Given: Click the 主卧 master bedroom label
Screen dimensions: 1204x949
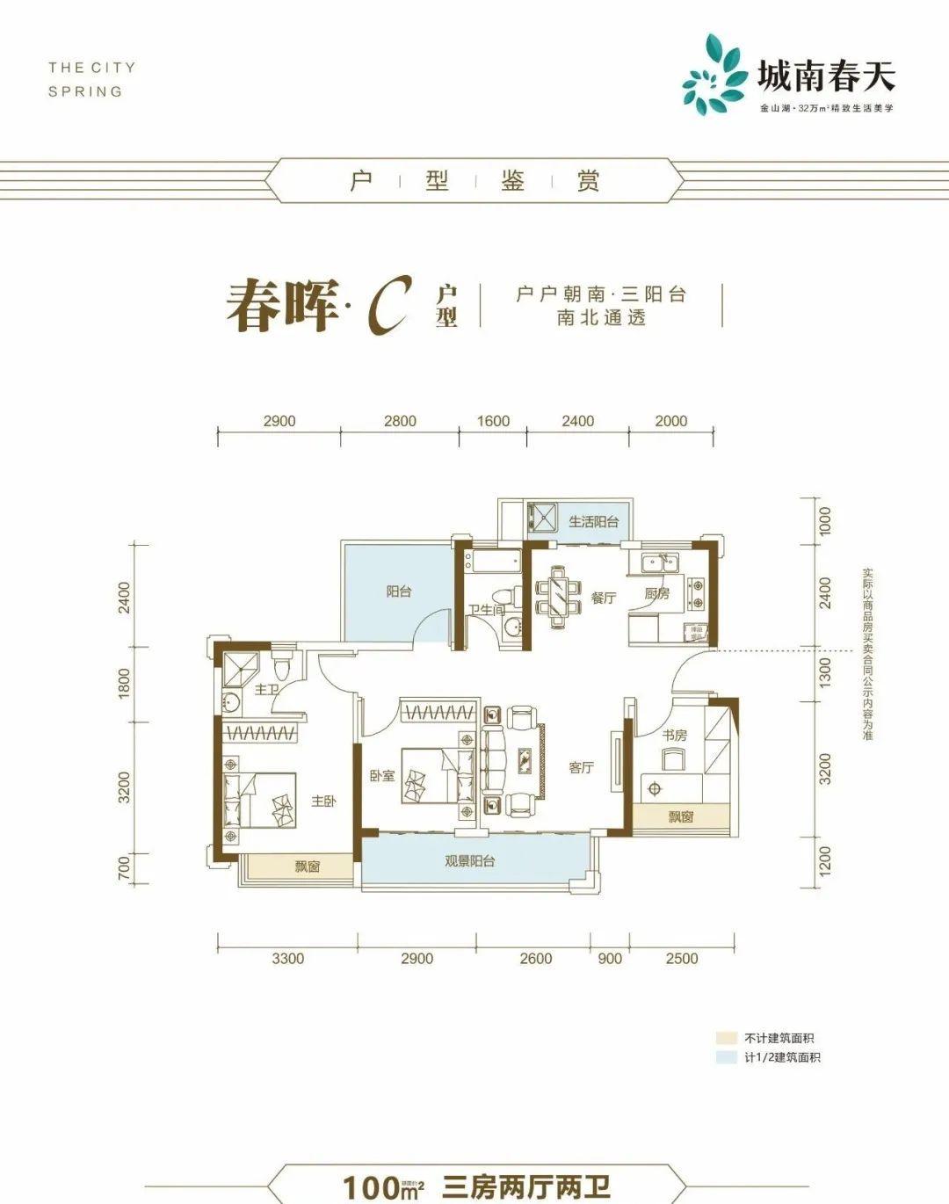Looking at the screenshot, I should [323, 801].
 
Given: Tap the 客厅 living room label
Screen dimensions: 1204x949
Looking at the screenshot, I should [581, 767].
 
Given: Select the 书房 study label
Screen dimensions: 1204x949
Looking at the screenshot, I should [675, 735].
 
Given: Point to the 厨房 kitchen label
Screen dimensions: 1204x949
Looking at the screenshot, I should [656, 594].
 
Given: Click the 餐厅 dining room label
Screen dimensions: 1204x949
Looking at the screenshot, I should [604, 598].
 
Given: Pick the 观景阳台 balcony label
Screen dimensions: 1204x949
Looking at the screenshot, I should [469, 861].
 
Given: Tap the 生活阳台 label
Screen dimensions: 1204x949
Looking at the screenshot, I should [593, 521].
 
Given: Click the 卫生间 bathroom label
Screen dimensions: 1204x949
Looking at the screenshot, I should [484, 610].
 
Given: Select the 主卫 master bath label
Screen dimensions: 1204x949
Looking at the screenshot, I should [266, 690].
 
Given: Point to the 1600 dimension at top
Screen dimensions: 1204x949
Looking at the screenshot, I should [493, 421].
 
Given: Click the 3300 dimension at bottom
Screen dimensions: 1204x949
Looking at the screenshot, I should [287, 959].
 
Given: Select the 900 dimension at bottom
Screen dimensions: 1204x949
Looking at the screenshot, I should [609, 959].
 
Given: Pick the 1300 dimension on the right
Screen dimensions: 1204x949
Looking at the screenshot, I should [823, 672].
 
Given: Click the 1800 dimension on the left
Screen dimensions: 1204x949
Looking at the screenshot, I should [124, 684].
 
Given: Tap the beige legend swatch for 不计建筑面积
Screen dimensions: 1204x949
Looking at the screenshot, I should [725, 1038].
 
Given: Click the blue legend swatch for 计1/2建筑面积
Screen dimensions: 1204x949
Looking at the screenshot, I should [725, 1058].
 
